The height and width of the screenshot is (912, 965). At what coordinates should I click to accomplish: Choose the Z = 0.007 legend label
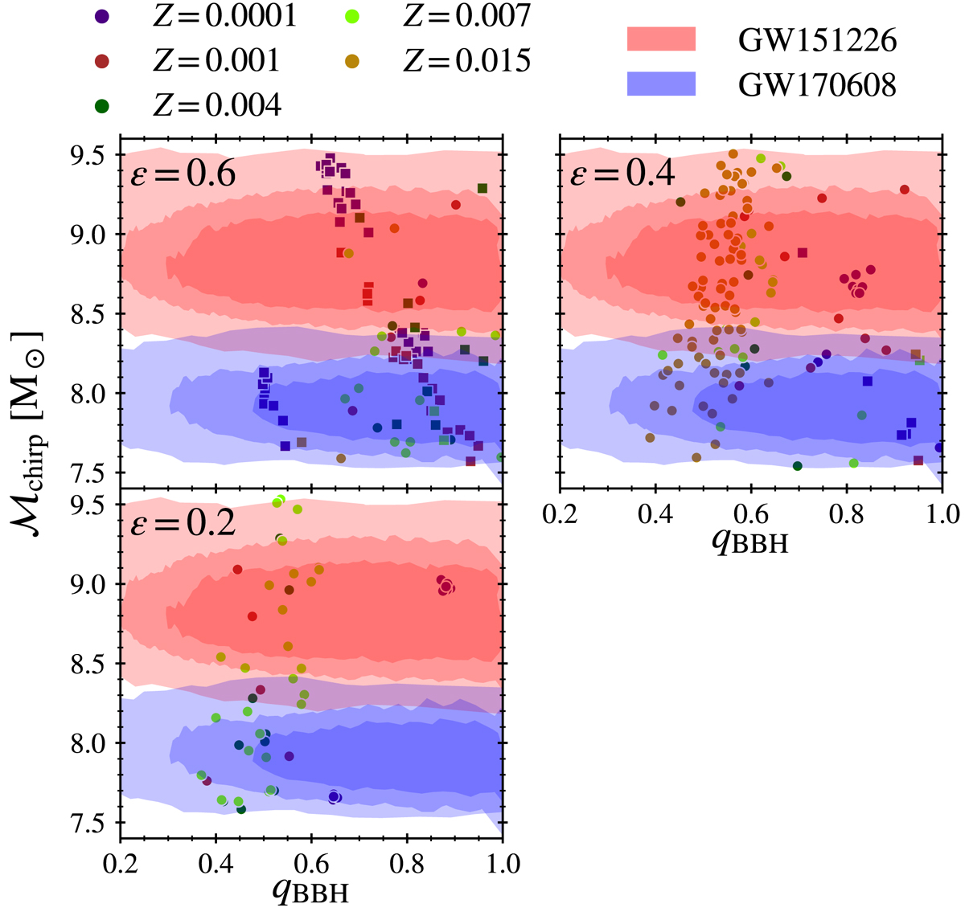[466, 16]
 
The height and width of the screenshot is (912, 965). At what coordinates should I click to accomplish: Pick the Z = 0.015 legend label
[466, 60]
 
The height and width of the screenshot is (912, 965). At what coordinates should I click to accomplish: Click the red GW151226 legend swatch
[661, 38]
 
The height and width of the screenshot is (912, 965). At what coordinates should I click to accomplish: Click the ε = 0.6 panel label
[183, 173]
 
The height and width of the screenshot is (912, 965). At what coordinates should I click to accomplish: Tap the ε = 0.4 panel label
[622, 173]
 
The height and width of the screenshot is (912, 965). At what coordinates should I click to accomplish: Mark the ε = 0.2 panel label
[183, 523]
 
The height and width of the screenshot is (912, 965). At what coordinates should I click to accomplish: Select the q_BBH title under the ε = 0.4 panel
[749, 541]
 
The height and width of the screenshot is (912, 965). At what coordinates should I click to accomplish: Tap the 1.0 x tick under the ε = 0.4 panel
[941, 513]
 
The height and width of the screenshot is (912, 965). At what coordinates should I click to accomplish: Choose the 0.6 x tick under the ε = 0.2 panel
[311, 864]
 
